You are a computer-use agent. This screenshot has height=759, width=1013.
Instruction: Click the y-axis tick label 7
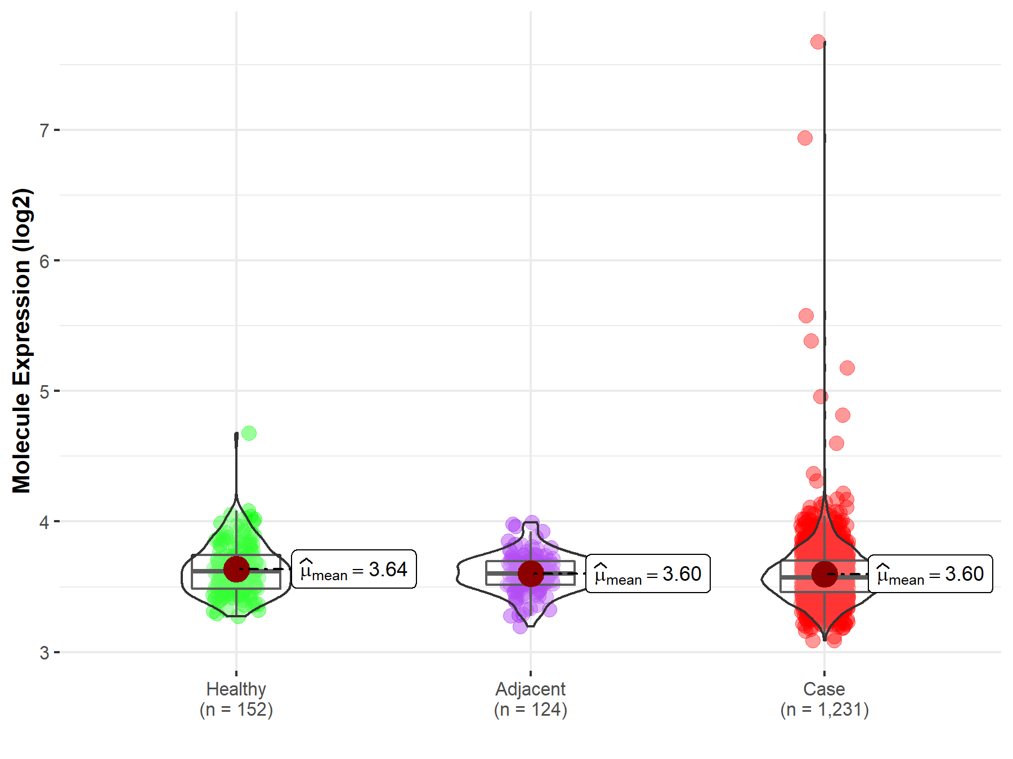44,130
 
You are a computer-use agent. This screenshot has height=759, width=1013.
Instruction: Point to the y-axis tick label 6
44,261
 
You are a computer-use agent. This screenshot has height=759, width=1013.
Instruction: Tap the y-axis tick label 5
44,391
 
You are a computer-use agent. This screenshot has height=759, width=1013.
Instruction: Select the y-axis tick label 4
44,522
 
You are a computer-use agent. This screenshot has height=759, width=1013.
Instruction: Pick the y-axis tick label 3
44,652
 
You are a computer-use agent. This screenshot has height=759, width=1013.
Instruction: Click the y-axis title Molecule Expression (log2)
21,341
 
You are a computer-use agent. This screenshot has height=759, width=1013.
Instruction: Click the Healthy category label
236,689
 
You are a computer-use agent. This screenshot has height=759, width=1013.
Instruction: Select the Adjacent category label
530,689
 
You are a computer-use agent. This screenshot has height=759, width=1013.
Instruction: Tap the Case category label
824,689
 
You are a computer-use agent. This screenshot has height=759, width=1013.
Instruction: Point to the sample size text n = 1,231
824,710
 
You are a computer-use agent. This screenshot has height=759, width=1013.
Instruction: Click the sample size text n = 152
236,710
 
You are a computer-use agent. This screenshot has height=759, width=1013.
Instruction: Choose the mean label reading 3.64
354,570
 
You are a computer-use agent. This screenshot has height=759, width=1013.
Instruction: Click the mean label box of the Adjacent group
648,574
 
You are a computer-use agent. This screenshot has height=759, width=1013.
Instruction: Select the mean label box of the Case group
930,574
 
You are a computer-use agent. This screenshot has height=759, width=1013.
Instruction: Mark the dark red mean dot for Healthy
236,570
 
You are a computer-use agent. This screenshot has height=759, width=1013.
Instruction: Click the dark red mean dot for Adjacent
531,573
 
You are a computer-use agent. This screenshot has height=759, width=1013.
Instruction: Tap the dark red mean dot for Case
824,574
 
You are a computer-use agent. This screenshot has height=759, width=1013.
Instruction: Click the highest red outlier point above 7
818,42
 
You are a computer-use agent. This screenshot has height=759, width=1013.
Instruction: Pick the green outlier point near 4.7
249,433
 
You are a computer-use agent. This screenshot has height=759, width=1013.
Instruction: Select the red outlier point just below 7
805,138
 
